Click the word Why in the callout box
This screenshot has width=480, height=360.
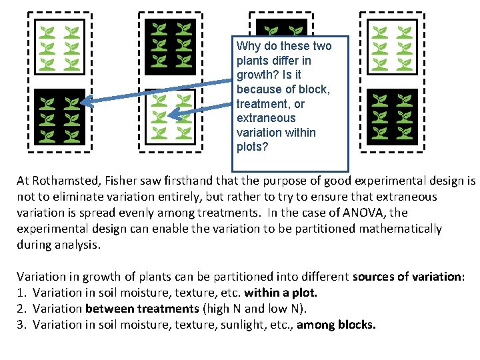[x=248, y=46]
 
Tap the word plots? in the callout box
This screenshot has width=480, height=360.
[x=252, y=147]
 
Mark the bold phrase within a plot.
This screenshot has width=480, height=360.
[x=280, y=293]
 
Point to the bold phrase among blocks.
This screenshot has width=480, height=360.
[x=336, y=325]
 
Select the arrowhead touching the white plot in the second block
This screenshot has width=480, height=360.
[x=175, y=115]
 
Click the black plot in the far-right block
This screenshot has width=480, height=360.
[x=393, y=115]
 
